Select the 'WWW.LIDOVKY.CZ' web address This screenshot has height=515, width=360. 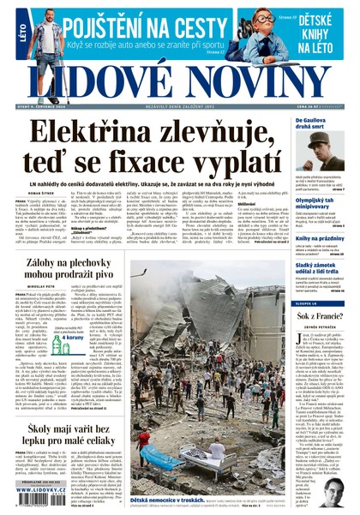tap(43, 490)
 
